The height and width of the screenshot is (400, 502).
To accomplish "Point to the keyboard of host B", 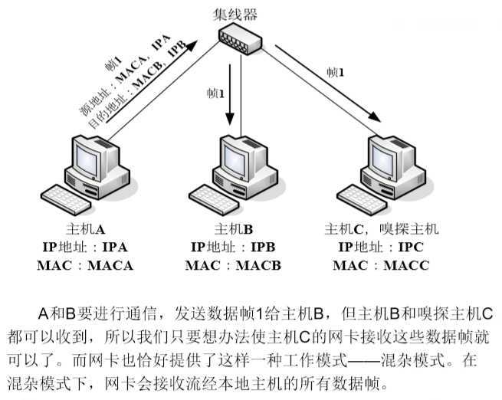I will (x=216, y=198).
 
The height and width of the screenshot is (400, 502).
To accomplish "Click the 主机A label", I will (x=84, y=228).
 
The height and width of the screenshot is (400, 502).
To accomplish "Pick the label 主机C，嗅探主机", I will (x=381, y=228).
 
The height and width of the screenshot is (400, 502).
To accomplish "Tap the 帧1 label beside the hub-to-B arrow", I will (x=215, y=93).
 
